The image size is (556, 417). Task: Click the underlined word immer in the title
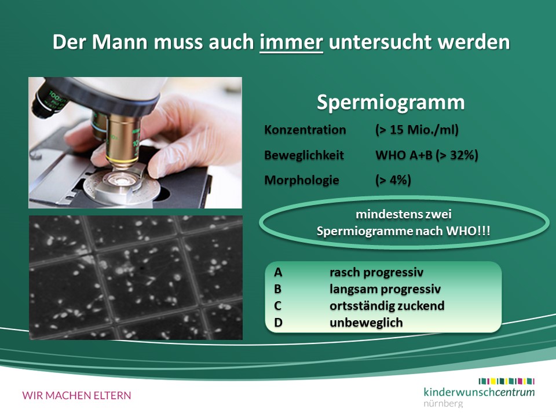(291, 42)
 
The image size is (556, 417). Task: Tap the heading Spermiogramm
(390, 103)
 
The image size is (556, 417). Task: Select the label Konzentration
(305, 130)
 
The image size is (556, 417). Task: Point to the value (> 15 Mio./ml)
(417, 130)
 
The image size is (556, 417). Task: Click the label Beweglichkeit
(304, 155)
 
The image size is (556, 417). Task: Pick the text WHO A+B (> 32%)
(427, 155)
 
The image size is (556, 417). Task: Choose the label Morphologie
(302, 181)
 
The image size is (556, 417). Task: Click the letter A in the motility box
(278, 272)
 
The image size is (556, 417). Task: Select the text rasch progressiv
(376, 273)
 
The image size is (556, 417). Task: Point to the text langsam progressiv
(385, 290)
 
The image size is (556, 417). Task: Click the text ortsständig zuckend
(387, 306)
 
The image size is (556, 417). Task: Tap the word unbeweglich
(366, 323)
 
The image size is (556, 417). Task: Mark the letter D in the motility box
(278, 323)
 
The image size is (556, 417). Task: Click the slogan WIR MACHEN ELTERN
(76, 396)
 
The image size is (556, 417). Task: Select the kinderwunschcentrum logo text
(479, 392)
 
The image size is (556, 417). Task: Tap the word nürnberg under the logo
(443, 404)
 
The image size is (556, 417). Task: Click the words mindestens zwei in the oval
(404, 214)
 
